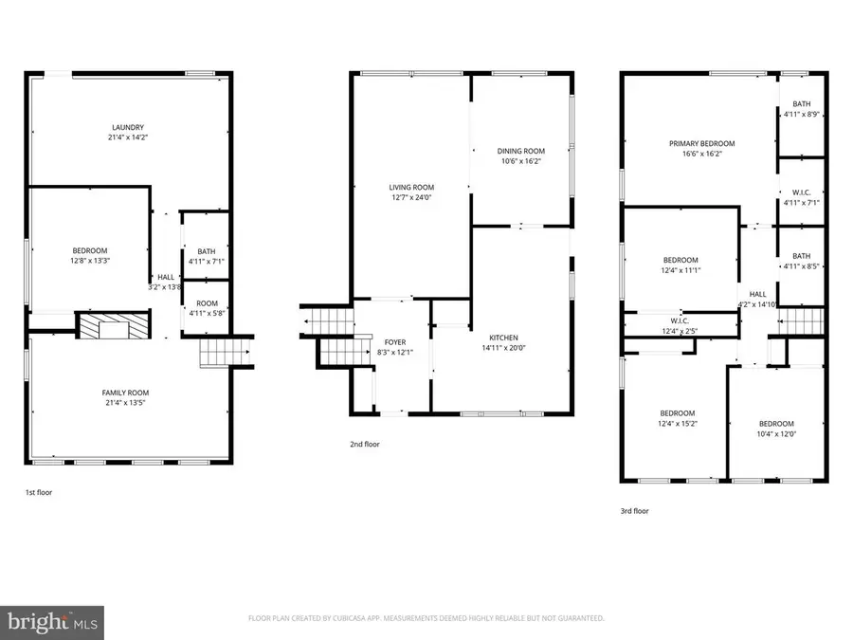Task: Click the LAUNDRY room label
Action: point(128,128)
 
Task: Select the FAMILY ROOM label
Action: point(125,393)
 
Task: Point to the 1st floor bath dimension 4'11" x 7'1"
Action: point(206,262)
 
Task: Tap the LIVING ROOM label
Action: point(410,188)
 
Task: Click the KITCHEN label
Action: point(503,338)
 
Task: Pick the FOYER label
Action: point(394,342)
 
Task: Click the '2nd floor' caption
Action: point(365,443)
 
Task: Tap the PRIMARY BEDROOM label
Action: point(701,144)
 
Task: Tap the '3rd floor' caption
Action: point(635,510)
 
